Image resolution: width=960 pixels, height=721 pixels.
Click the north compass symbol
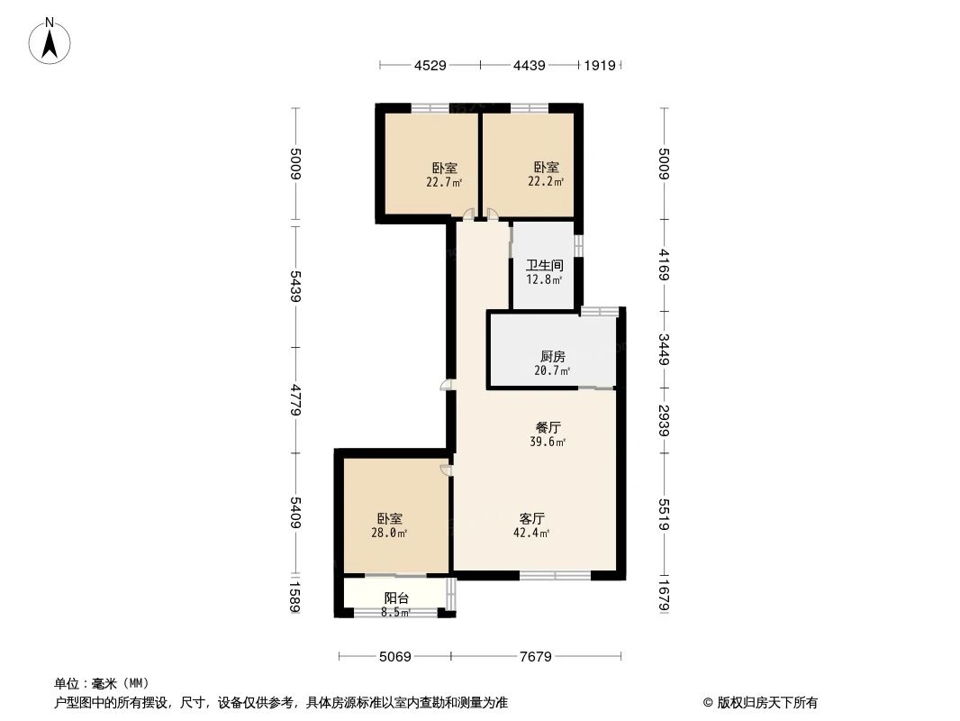click(50, 40)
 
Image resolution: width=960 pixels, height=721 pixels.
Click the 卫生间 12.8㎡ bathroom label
click(545, 272)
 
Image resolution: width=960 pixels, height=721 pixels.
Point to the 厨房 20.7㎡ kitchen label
click(553, 363)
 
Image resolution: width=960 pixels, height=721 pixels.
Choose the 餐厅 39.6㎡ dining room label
click(548, 434)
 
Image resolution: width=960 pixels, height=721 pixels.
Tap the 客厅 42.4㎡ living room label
click(533, 525)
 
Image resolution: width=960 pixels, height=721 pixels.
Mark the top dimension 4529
click(430, 65)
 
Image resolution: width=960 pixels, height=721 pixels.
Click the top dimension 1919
click(600, 65)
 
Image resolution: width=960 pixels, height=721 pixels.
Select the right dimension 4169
click(665, 266)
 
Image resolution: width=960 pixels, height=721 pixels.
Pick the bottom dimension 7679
click(536, 657)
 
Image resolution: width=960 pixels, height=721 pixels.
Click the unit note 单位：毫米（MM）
click(101, 683)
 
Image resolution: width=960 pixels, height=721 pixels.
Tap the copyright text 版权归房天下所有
click(760, 703)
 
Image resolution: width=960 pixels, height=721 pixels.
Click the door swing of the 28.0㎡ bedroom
click(445, 470)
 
